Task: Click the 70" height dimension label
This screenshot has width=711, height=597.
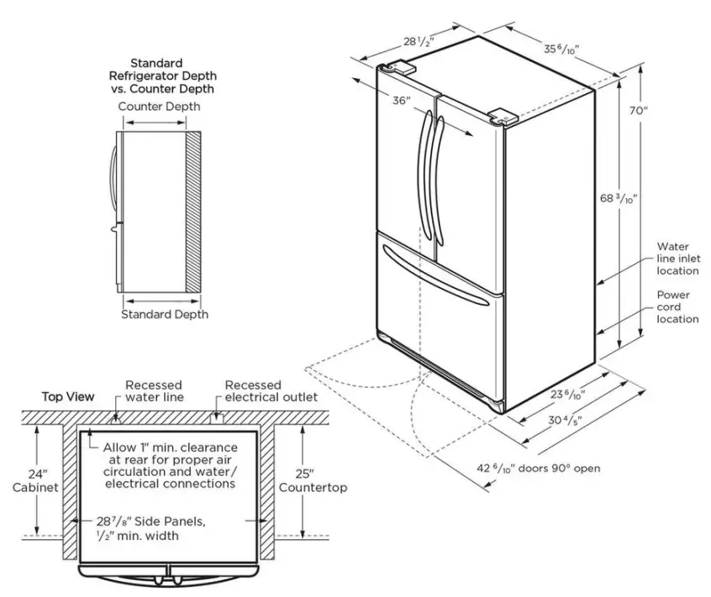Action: [640, 110]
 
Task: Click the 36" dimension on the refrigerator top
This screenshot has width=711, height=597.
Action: [401, 101]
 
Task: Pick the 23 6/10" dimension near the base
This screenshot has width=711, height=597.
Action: [569, 394]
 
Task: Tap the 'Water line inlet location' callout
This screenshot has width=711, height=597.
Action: [677, 259]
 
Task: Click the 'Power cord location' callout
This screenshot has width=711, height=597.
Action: [677, 306]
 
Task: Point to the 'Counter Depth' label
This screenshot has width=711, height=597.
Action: [159, 107]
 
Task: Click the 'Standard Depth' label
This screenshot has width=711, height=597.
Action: [165, 314]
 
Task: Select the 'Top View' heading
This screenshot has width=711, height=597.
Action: [68, 396]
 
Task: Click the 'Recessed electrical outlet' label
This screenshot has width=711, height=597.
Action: [271, 390]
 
